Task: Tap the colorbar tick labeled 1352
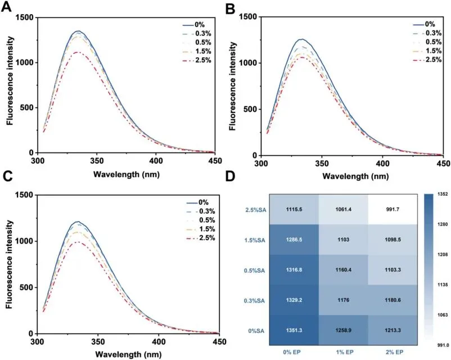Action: pyautogui.click(x=440, y=195)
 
